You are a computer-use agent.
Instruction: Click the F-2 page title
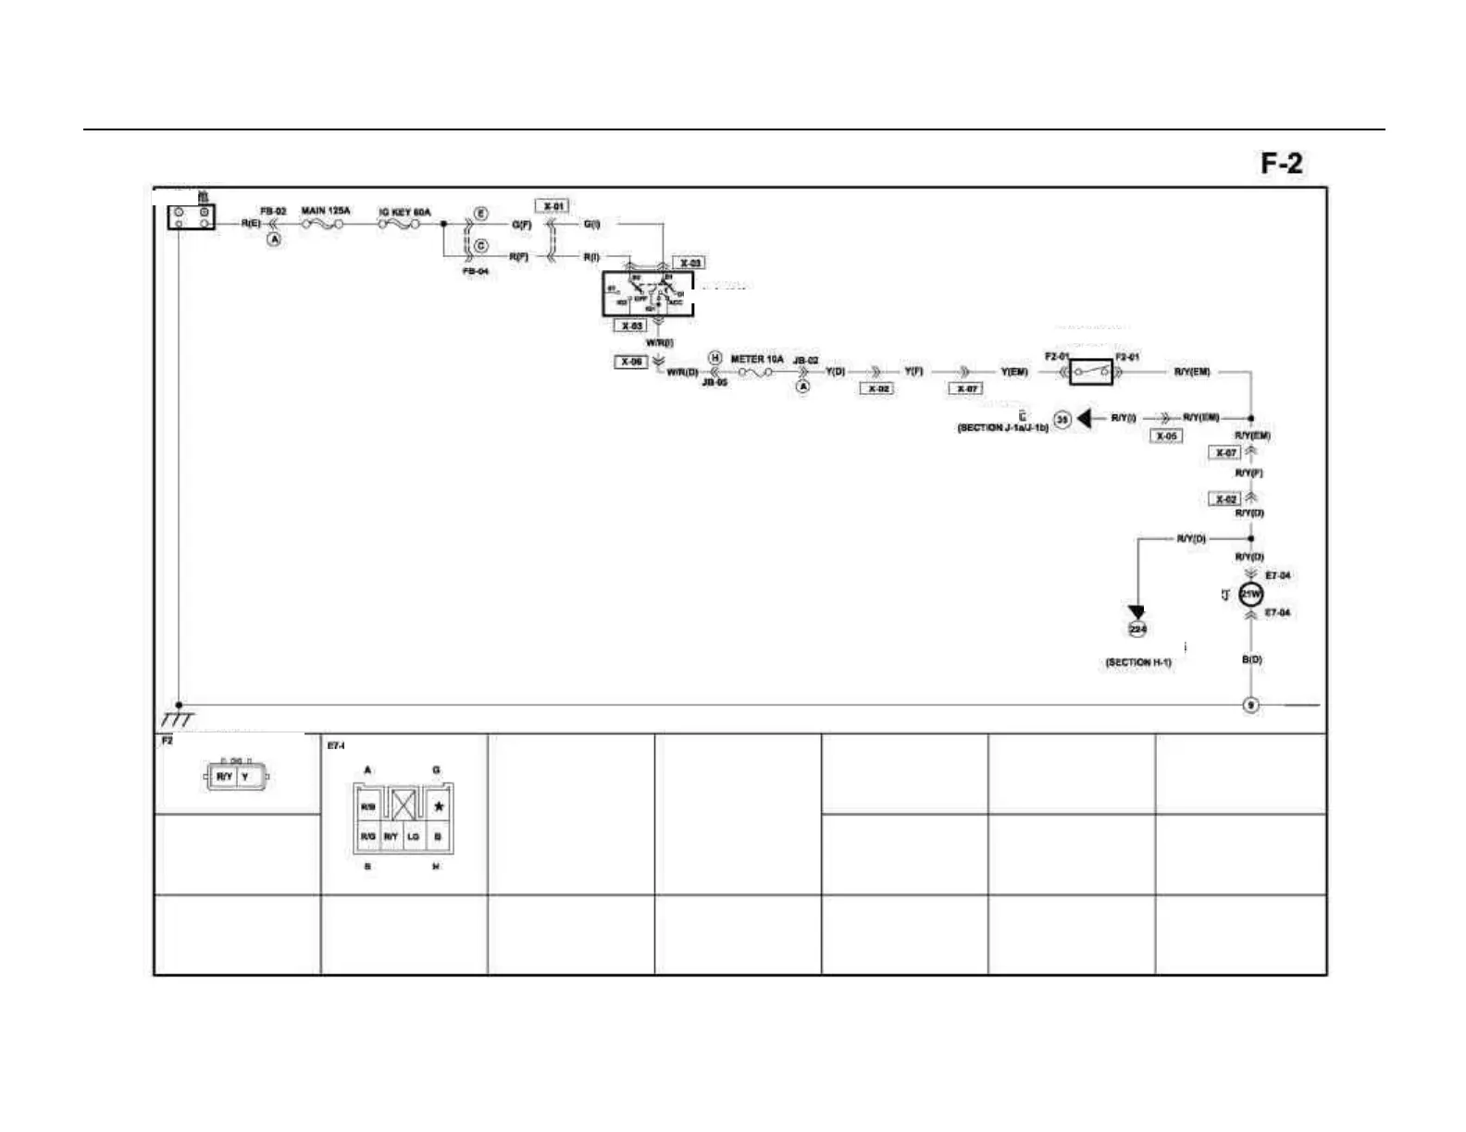coord(1281,164)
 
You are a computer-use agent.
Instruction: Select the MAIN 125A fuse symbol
coord(325,223)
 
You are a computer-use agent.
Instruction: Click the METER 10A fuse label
coord(756,359)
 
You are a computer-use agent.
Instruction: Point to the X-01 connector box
coord(552,205)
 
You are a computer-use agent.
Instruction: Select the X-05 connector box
coord(1165,436)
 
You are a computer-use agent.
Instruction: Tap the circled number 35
coord(1062,420)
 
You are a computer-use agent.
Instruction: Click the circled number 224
coord(1137,630)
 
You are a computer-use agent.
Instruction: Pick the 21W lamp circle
coord(1250,595)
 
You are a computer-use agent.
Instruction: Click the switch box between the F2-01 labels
coord(1091,372)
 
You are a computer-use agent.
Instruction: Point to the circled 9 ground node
coord(1250,706)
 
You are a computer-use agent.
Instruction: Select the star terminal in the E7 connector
coord(439,806)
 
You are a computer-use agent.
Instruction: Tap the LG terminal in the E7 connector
coord(414,837)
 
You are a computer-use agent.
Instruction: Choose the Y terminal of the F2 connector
coord(246,777)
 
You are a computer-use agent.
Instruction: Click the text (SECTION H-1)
coord(1137,662)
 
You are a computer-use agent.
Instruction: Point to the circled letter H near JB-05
coord(714,358)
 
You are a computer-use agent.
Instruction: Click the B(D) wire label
coord(1250,659)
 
